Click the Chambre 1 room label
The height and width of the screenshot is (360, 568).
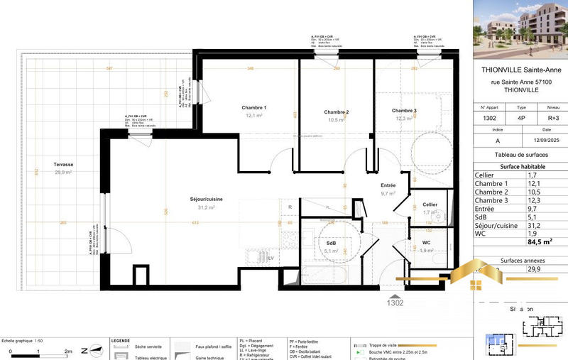tap(254, 108)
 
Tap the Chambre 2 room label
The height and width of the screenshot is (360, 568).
tap(336, 112)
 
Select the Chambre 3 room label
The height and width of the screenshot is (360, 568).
tap(403, 111)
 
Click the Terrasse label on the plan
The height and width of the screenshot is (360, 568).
tap(63, 165)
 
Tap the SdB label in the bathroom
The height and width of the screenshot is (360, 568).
tap(331, 242)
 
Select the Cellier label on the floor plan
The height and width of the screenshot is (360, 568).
tap(430, 204)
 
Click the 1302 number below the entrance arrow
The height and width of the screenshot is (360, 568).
tap(395, 302)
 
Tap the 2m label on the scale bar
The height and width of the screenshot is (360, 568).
tap(68, 351)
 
